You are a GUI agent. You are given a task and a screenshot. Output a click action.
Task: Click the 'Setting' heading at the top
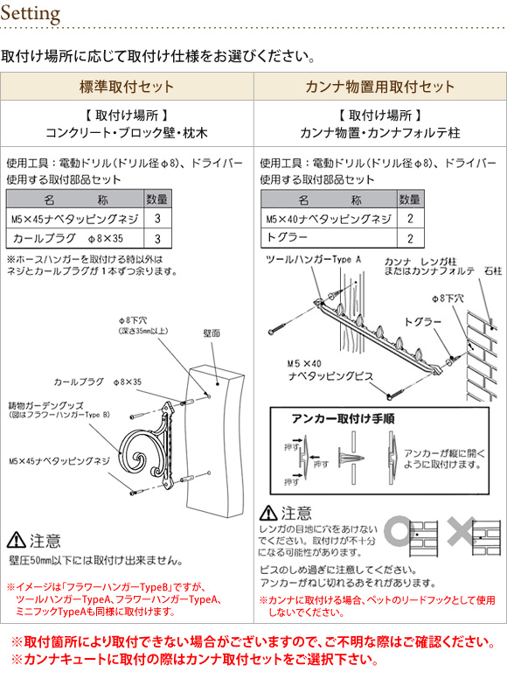pyautogui.click(x=31, y=13)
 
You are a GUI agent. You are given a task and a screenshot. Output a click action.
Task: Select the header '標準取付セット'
pyautogui.click(x=127, y=86)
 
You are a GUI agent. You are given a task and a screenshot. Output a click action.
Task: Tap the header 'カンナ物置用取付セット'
pyautogui.click(x=380, y=86)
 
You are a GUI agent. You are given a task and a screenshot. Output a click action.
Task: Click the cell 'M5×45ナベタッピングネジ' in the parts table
pyautogui.click(x=75, y=219)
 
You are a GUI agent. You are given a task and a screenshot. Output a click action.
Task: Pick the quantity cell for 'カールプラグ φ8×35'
pyautogui.click(x=157, y=238)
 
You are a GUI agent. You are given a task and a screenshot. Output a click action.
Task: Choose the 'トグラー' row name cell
pyautogui.click(x=329, y=238)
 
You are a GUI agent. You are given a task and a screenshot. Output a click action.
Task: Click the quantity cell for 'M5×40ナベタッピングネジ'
pyautogui.click(x=410, y=218)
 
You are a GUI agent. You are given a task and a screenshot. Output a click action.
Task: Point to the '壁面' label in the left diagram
pyautogui.click(x=212, y=333)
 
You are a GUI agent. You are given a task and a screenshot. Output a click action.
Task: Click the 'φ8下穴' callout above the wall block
pyautogui.click(x=133, y=320)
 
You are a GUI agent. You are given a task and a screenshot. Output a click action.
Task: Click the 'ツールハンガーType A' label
pyautogui.click(x=313, y=259)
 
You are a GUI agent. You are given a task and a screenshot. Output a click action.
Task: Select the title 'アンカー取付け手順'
pyautogui.click(x=343, y=419)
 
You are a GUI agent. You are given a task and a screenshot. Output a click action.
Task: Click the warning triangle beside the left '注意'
pyautogui.click(x=17, y=540)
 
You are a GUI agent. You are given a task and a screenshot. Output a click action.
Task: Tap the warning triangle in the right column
pyautogui.click(x=268, y=513)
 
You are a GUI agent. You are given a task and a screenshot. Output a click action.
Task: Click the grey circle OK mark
pyautogui.click(x=399, y=531)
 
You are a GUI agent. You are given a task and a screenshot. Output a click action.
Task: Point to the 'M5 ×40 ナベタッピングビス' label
pyautogui.click(x=330, y=370)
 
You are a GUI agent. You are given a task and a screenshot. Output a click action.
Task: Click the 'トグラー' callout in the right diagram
pyautogui.click(x=422, y=322)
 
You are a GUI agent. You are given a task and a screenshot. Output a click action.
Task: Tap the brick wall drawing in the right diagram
pyautogui.click(x=482, y=356)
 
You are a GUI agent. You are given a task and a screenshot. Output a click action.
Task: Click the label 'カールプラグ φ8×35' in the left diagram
pyautogui.click(x=97, y=382)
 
